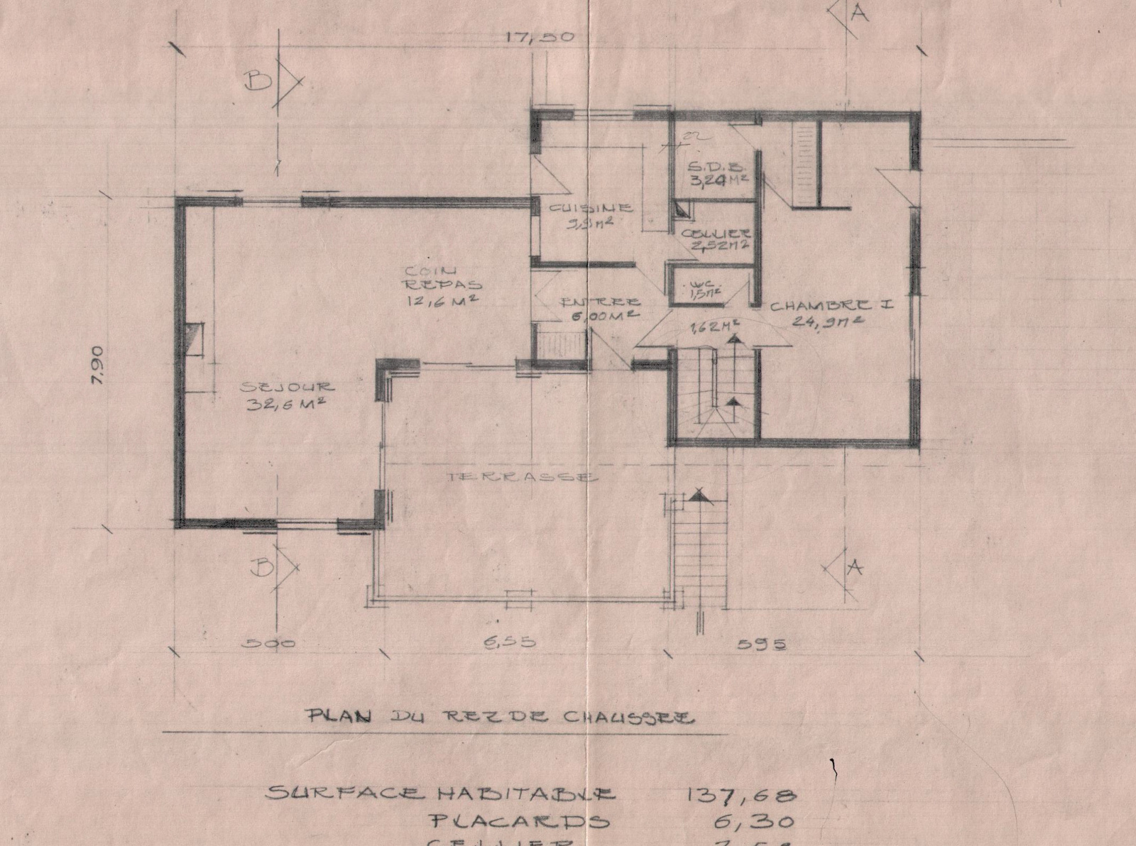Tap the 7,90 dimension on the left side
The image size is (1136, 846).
(99, 365)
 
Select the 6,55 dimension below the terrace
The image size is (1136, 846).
(510, 643)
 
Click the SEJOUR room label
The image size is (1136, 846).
(287, 388)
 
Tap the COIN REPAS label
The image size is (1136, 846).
(442, 277)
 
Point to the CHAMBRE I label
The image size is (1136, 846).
(831, 307)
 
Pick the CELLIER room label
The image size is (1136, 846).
(716, 233)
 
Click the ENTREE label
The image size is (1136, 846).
(601, 302)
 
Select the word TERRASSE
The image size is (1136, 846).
(521, 478)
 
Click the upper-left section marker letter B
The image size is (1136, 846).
(257, 82)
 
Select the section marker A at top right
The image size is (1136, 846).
(859, 14)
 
